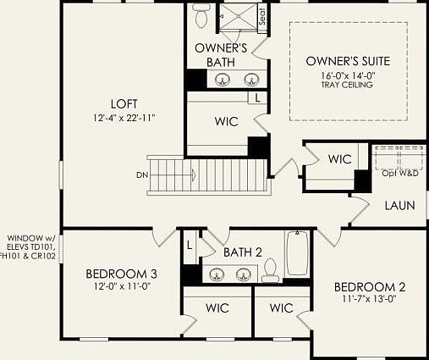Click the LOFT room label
click(123, 103)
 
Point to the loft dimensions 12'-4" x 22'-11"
click(124, 117)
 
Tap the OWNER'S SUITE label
click(348, 61)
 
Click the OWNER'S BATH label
click(221, 54)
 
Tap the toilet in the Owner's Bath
click(200, 15)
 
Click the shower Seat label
click(261, 17)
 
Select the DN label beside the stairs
click(140, 175)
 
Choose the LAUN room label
click(399, 206)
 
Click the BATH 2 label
click(243, 252)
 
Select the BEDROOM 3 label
click(121, 274)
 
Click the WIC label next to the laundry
click(339, 158)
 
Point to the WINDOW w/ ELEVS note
click(30, 246)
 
